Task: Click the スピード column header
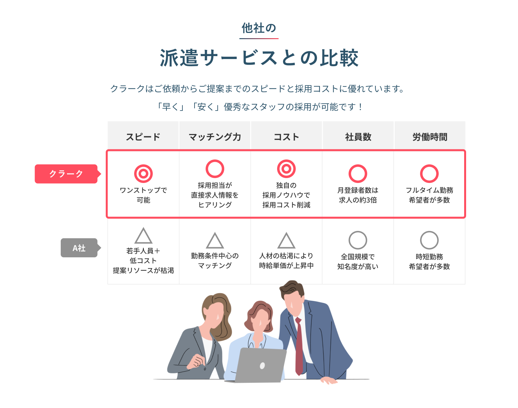tap(143, 137)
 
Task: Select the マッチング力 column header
tap(215, 137)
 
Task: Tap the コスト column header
tap(286, 137)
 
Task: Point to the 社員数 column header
tap(358, 137)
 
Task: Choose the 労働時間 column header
tap(430, 137)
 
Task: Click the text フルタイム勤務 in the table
tap(430, 190)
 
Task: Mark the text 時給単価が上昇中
tap(286, 265)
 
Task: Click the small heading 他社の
tap(259, 28)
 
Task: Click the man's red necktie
tap(299, 346)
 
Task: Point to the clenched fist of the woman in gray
tap(196, 361)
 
